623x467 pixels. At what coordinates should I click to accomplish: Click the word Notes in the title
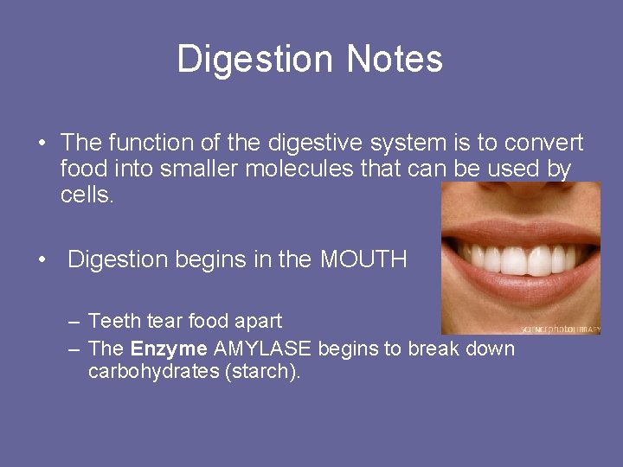pos(395,60)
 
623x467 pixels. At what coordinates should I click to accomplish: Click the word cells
pos(87,195)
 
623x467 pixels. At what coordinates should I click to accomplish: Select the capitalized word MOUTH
pos(363,259)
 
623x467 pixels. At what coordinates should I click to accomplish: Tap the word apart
pos(258,322)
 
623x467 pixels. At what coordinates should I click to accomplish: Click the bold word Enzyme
pos(169,349)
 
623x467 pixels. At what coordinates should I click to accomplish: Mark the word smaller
pos(201,169)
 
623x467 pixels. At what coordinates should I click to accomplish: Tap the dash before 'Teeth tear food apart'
pos(74,322)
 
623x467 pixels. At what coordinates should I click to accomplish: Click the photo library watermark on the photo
pos(561,329)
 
